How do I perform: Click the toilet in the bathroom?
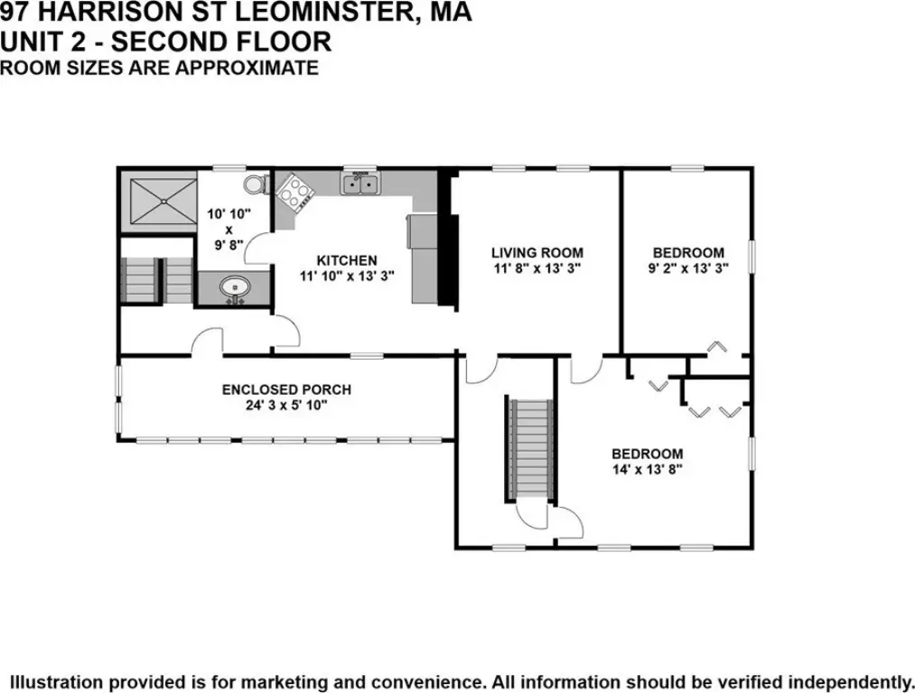[256, 184]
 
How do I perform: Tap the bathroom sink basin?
[235, 288]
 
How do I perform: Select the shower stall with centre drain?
[163, 201]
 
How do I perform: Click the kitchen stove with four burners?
[294, 192]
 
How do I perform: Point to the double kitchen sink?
[360, 183]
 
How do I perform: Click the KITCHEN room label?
[347, 260]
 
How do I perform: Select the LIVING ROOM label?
[537, 253]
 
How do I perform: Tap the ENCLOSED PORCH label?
[286, 389]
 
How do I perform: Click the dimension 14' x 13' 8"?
[647, 470]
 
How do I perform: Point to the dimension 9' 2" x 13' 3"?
[688, 268]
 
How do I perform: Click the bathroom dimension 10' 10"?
[229, 213]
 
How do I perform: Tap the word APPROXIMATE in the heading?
[247, 68]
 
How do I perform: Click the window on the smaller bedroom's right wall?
[752, 257]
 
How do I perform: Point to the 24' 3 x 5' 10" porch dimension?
[286, 405]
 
